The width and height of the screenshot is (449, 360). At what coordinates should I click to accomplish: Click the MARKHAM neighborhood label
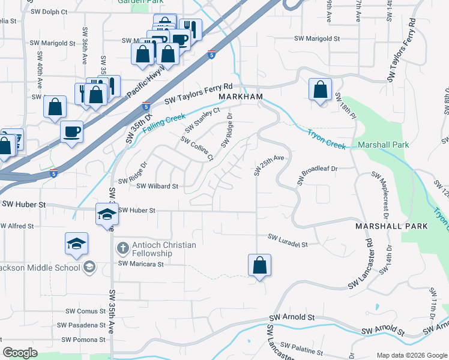click(x=241, y=97)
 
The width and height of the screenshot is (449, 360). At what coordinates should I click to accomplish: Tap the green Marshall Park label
click(x=383, y=145)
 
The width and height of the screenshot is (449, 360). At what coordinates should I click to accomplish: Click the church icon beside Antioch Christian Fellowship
click(x=122, y=248)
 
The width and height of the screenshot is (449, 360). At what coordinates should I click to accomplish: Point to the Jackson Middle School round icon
click(x=89, y=267)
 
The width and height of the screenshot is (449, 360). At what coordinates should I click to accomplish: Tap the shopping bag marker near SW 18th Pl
click(x=321, y=90)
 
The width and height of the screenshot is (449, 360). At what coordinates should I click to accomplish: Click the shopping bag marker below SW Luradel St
click(x=259, y=265)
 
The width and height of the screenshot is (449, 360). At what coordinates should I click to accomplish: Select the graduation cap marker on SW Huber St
click(x=107, y=215)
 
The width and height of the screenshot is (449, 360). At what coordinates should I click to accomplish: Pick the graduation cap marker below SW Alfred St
click(x=77, y=244)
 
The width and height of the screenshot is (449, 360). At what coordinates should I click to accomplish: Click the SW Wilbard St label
click(x=158, y=187)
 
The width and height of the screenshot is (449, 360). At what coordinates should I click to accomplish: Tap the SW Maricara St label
click(x=140, y=263)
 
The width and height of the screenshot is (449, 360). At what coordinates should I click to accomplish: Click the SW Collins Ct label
click(x=197, y=148)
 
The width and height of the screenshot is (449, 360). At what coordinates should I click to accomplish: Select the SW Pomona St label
click(x=82, y=340)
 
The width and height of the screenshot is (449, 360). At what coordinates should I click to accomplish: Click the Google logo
click(x=20, y=353)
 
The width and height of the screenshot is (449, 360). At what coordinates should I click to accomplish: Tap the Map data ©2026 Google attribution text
click(x=411, y=355)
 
